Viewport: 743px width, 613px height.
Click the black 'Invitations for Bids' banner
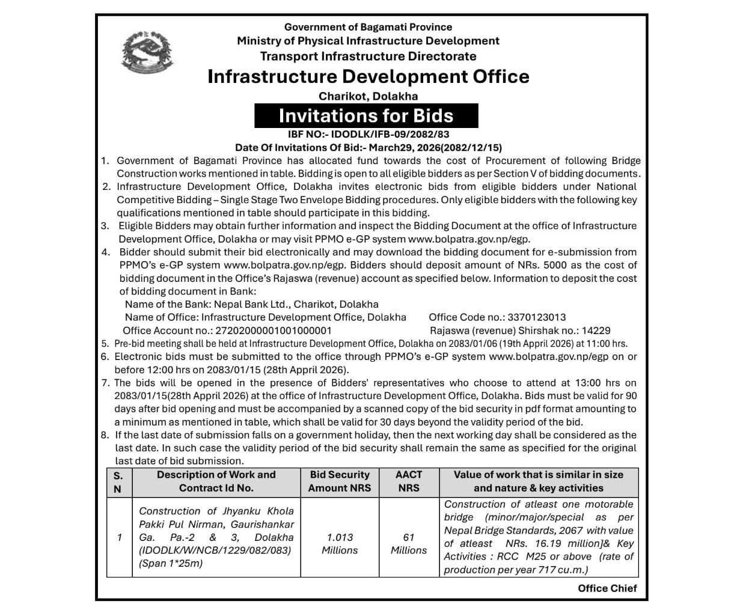coord(366,115)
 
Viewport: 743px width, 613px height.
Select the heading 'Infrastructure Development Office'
coord(368,76)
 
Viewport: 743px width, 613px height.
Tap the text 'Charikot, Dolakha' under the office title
coord(368,96)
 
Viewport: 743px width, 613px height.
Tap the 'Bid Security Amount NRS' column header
coord(340,481)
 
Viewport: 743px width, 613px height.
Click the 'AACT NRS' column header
coord(409,481)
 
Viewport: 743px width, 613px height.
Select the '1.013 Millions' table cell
coord(340,544)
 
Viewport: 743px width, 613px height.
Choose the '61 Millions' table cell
coord(409,544)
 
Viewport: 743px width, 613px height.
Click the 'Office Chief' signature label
coord(607,588)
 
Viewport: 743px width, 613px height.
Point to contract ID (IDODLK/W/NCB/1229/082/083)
coord(215,550)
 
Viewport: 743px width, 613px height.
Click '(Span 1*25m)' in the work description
coord(171,564)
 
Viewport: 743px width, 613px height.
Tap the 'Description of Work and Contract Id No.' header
coord(216,481)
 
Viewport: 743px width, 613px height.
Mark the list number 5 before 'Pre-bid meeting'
coord(105,344)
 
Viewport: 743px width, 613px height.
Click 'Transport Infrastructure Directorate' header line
coord(368,56)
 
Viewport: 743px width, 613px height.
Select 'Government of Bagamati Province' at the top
coord(368,27)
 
